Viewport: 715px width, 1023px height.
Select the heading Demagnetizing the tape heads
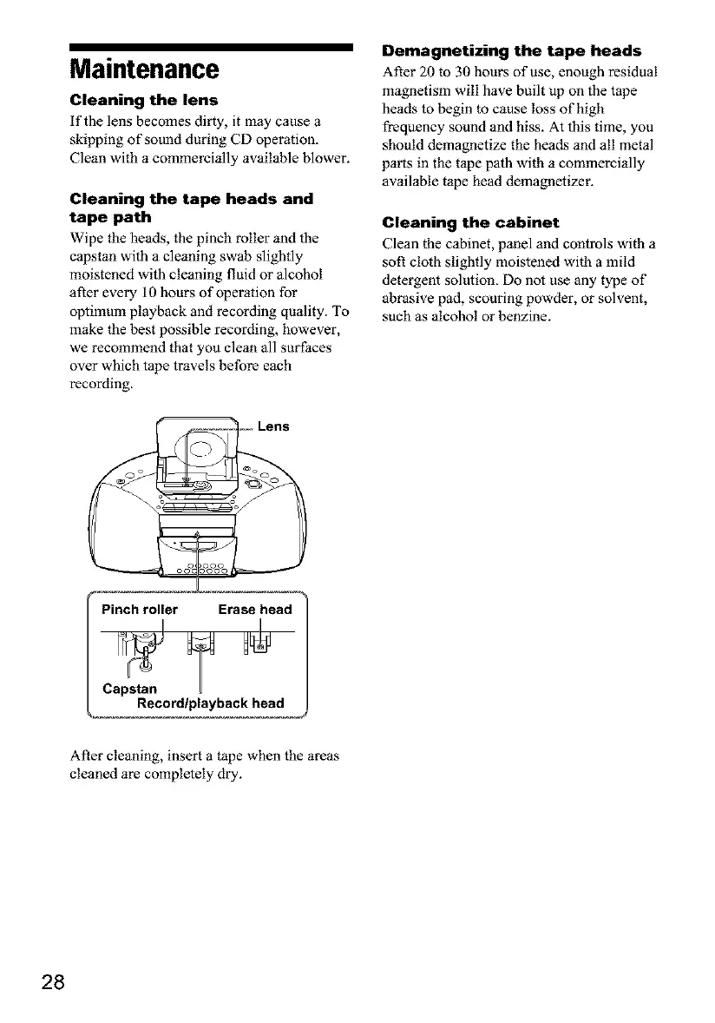512,49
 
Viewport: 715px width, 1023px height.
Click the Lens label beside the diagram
273,426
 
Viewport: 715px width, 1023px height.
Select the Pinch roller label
140,609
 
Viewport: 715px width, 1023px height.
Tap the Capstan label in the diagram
130,689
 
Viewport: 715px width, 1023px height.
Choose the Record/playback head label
210,703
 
